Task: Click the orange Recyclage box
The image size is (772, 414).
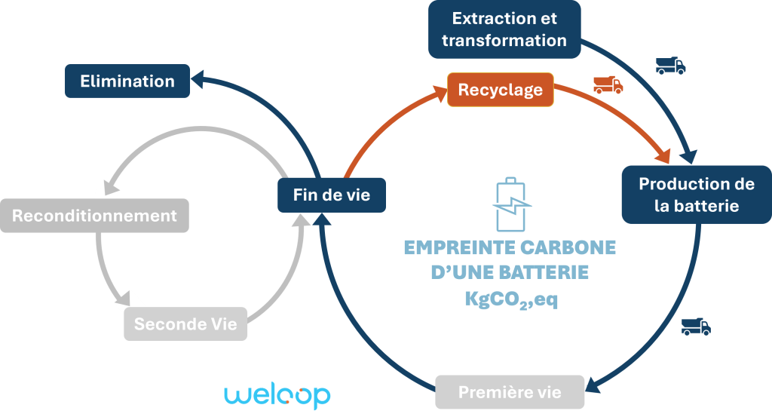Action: pos(501,90)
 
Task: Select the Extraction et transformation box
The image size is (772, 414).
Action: pos(504,29)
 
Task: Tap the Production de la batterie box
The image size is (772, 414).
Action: pos(696,195)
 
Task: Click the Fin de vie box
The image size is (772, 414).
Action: pos(332,195)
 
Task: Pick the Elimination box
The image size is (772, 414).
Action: pos(127,81)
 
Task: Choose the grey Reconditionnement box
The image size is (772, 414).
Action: pos(94,216)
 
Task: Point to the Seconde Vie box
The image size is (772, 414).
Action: pos(185,324)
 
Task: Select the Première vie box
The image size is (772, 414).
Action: pos(510,392)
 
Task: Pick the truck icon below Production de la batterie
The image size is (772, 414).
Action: pos(696,326)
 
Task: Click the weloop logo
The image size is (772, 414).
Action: pos(277,396)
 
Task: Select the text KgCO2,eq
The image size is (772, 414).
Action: pos(511,299)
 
